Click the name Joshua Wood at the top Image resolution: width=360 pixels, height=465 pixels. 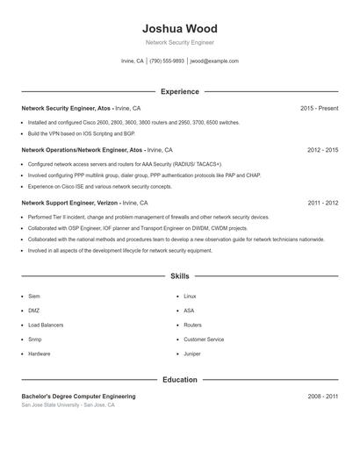point(179,29)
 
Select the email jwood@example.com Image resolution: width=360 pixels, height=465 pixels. point(214,61)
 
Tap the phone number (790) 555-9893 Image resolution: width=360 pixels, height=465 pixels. point(167,61)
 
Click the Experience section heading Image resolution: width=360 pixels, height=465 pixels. point(179,91)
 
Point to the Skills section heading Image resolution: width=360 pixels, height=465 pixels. point(179,275)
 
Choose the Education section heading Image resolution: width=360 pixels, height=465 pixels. point(179,380)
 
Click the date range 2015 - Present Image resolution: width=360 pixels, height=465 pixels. point(319,108)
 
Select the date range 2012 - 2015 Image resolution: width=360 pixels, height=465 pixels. point(322,150)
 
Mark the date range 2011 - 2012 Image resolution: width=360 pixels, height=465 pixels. point(322,203)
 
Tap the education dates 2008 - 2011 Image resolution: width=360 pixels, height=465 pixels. point(322,397)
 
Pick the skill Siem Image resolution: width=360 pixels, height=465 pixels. point(34,297)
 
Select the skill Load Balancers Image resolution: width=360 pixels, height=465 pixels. point(46,325)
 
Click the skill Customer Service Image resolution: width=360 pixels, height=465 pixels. point(204,339)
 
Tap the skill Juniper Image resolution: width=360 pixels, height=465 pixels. point(192,354)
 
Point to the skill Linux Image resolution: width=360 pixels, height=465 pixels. point(190,297)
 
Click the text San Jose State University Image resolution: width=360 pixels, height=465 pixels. point(51,405)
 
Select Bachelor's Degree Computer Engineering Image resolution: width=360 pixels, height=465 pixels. point(78,397)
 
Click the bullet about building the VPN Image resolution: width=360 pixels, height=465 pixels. point(82,133)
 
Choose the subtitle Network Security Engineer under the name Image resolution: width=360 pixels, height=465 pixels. point(179,42)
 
